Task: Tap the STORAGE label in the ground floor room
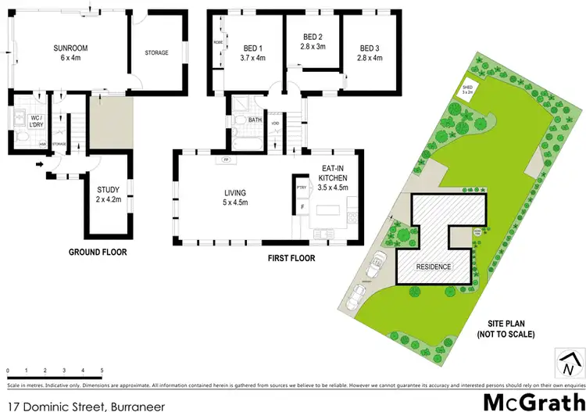[x=157, y=52]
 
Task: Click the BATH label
[x=255, y=120]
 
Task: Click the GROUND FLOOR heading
[x=98, y=253]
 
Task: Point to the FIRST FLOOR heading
[x=291, y=257]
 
